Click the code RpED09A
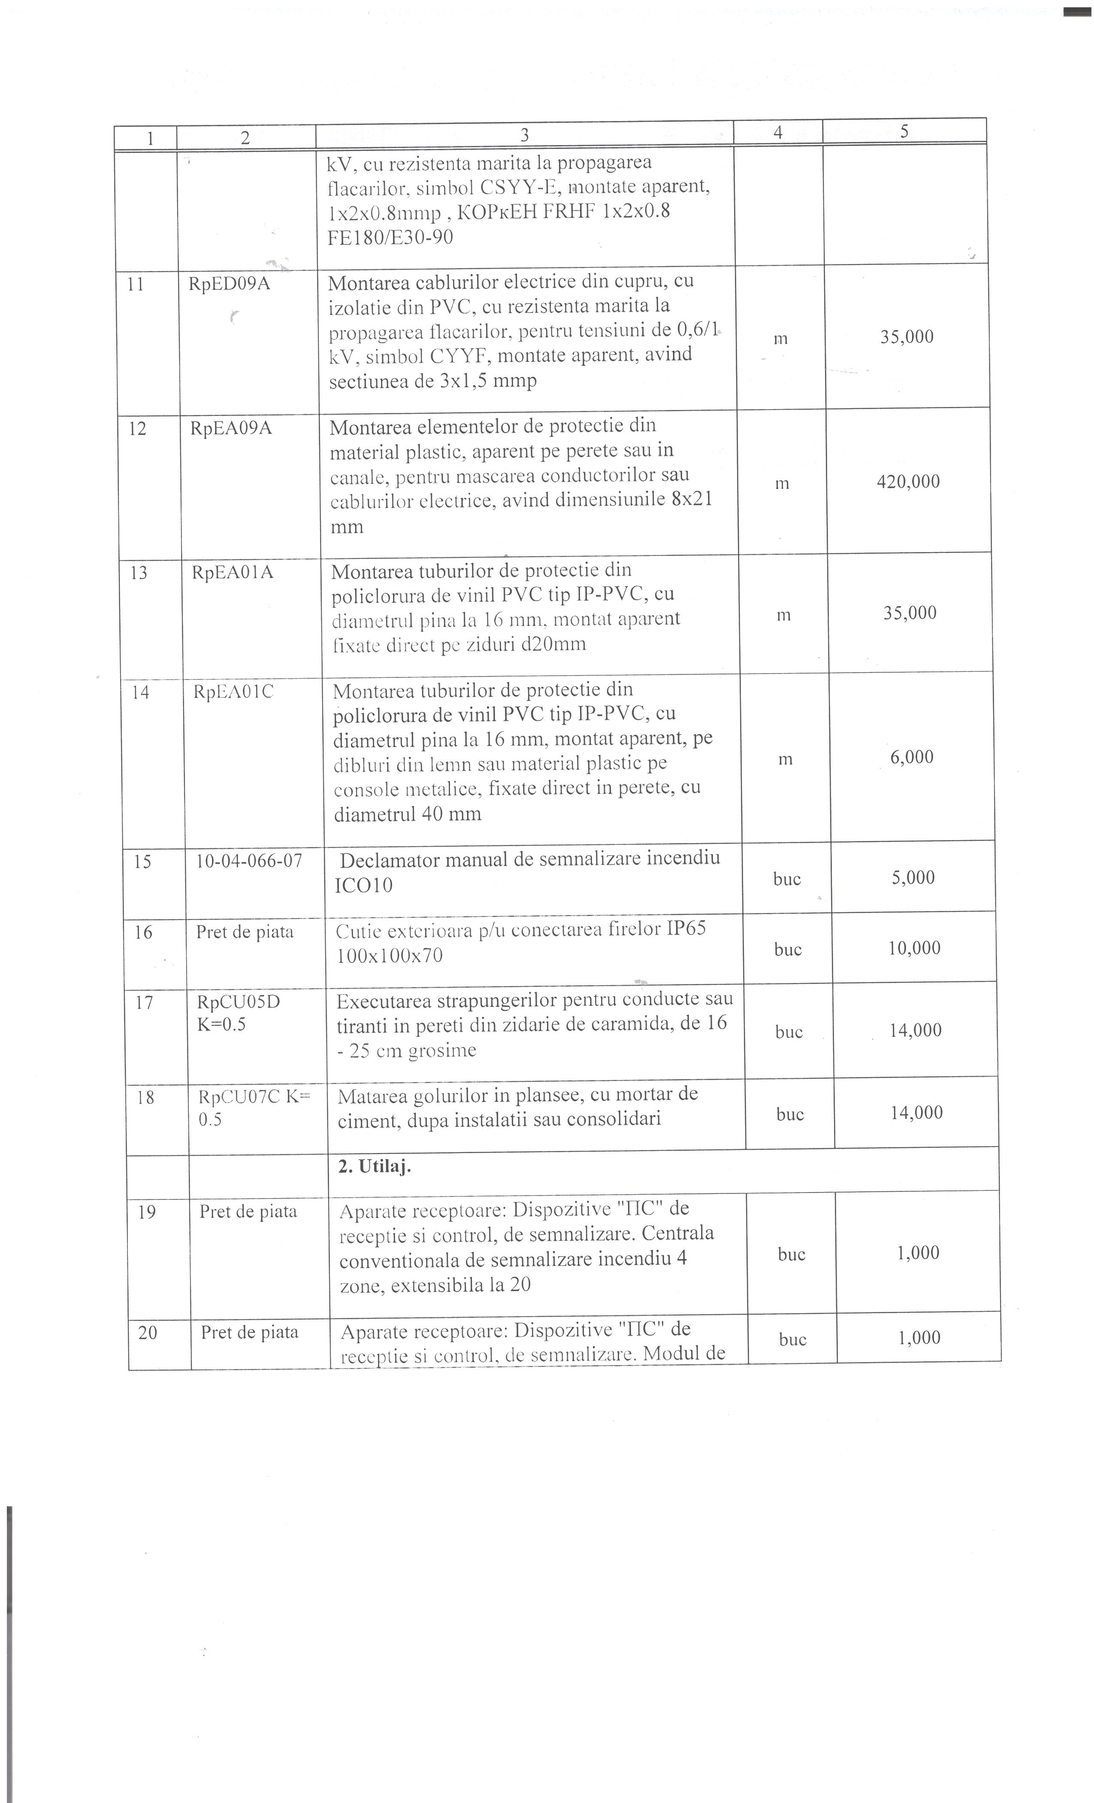229,284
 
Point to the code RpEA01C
233,692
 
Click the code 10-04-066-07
249,861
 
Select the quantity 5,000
913,877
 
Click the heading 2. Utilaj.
375,1166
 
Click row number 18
145,1098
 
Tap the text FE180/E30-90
390,237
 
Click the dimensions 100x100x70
389,956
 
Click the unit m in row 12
782,484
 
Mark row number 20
147,1333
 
